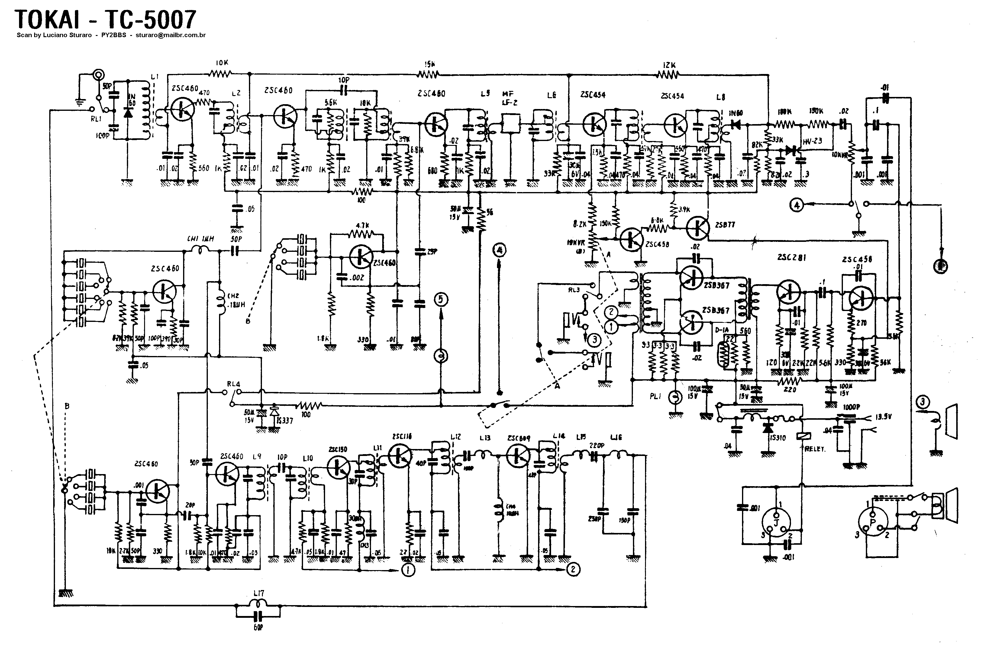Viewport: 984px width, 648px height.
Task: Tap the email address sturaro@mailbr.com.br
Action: [x=170, y=35]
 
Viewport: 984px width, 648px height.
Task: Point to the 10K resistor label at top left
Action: [x=222, y=63]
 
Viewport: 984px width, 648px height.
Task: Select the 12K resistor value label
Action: [x=669, y=65]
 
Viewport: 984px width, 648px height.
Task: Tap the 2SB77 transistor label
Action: [x=725, y=225]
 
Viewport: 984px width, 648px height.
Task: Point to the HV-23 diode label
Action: [x=812, y=141]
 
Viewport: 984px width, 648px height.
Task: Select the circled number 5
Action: [x=441, y=299]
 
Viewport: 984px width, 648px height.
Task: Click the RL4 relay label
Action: [x=234, y=384]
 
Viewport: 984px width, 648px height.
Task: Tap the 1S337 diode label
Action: [x=285, y=421]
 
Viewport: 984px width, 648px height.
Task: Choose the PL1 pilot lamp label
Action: [x=656, y=396]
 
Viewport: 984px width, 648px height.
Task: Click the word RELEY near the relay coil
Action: [x=815, y=449]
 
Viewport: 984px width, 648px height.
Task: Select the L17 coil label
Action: [x=259, y=593]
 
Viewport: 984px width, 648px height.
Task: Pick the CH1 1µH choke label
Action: [x=201, y=239]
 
